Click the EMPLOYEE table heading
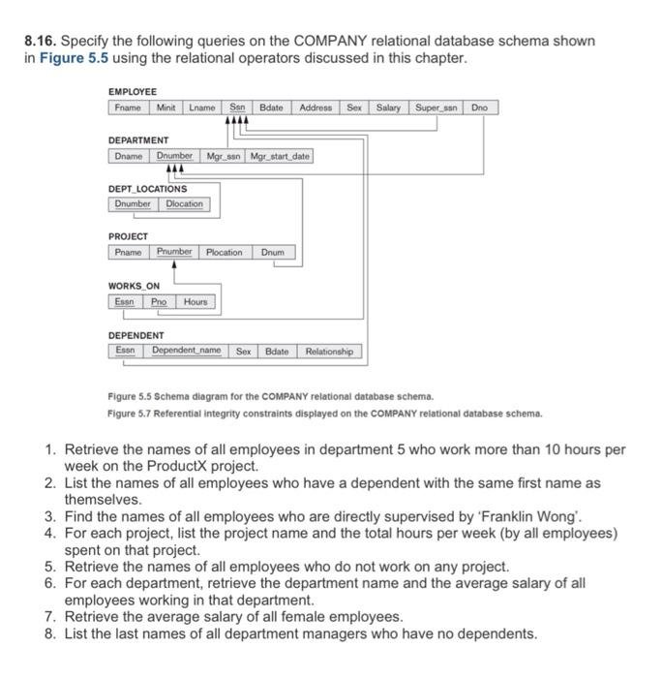click(x=133, y=92)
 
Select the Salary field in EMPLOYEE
click(x=389, y=108)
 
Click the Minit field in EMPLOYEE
click(x=165, y=108)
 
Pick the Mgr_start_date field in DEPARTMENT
click(x=279, y=156)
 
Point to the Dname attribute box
click(x=128, y=156)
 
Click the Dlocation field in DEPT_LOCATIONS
click(x=184, y=204)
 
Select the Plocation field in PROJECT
click(x=224, y=253)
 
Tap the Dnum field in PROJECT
click(x=273, y=253)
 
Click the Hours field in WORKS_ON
click(x=196, y=302)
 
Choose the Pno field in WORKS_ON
click(x=158, y=302)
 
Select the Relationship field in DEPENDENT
click(x=329, y=351)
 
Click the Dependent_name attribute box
click(x=186, y=351)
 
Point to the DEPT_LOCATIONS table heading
click(x=148, y=189)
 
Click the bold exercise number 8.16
click(x=40, y=42)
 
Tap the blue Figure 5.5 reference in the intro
click(x=72, y=58)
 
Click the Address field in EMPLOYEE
click(x=316, y=108)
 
